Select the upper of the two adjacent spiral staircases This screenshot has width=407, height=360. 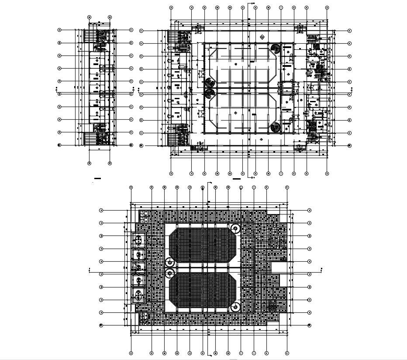point(210,83)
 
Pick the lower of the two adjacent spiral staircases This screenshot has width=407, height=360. point(210,93)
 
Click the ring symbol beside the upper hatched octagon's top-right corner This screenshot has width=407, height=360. point(235,228)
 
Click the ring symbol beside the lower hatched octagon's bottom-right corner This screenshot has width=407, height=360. point(235,307)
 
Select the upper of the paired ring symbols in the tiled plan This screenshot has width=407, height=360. point(169,262)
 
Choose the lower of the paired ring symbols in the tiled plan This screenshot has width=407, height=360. point(169,273)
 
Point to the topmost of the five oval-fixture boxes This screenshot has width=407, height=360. point(138,239)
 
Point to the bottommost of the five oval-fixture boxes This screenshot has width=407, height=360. point(138,295)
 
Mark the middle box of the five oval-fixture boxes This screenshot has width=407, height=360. point(138,267)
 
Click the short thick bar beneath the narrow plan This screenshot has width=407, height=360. point(97,179)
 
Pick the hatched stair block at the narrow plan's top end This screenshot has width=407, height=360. point(90,35)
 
